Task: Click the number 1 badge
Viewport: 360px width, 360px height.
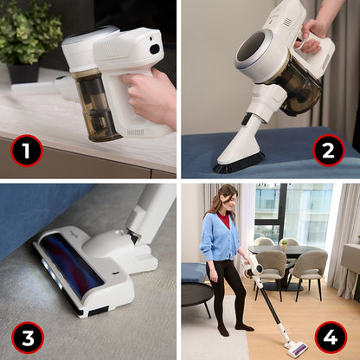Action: pyautogui.click(x=27, y=151)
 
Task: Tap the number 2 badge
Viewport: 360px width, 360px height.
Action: pyautogui.click(x=329, y=151)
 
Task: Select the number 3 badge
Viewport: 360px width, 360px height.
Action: pyautogui.click(x=28, y=337)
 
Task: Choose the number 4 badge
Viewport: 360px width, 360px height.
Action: pyautogui.click(x=331, y=337)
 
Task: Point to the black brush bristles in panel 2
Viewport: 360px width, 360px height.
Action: pyautogui.click(x=239, y=164)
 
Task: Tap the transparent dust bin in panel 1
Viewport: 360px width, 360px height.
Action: pyautogui.click(x=94, y=106)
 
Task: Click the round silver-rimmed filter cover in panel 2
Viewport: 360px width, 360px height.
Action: pyautogui.click(x=254, y=49)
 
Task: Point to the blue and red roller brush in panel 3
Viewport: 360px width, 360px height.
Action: pyautogui.click(x=72, y=263)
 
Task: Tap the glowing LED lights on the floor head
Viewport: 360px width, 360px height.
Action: pyautogui.click(x=52, y=273)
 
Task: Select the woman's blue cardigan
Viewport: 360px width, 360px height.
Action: pyautogui.click(x=219, y=236)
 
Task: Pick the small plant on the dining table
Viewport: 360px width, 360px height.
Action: pyautogui.click(x=285, y=244)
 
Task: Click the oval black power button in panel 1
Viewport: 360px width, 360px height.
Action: pyautogui.click(x=155, y=49)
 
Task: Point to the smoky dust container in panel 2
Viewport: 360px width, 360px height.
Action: pyautogui.click(x=300, y=88)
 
